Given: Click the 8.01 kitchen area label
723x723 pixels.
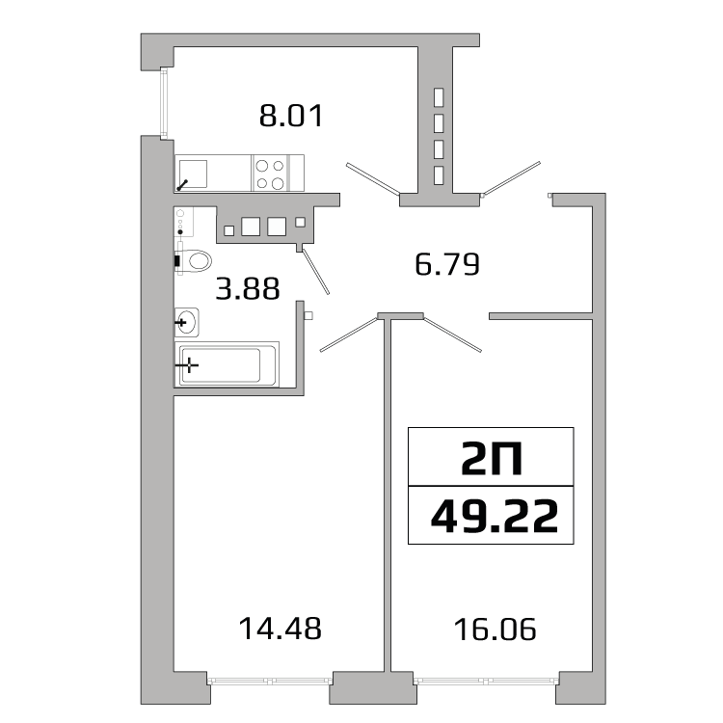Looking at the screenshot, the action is coord(291,116).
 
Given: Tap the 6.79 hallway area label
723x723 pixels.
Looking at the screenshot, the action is coord(447,264).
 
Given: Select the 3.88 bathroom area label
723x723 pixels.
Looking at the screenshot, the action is coord(248,289).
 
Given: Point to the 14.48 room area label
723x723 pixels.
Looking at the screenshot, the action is coord(281,628).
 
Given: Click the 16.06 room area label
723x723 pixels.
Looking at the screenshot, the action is coord(495,629).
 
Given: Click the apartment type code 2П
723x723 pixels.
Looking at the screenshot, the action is coord(492,458).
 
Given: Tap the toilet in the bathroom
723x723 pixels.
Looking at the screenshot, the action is coord(194,261).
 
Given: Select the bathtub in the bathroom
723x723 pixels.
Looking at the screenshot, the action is coord(227,365).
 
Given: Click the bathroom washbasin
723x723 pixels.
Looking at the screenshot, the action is coord(187,322).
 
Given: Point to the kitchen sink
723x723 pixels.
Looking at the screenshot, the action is coord(193,174).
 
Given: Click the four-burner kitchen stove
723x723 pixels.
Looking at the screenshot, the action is coord(270,173).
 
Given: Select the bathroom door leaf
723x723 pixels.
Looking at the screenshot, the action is coord(315,271).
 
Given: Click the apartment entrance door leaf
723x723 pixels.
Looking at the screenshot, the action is coord(511,177).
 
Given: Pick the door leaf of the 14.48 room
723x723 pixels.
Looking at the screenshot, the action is coord(349,335).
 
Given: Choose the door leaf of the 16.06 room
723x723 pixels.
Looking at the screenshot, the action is coord(452,335).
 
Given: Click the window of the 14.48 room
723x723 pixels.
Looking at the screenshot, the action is coord(270,680).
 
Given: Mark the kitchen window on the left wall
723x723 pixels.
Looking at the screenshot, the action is coord(164,102).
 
